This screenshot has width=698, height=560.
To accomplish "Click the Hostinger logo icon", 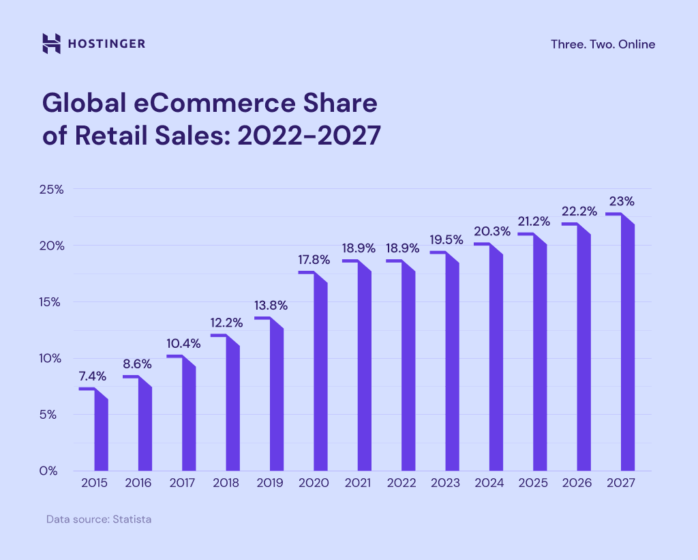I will (52, 44).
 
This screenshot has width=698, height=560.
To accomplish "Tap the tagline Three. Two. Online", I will (603, 44).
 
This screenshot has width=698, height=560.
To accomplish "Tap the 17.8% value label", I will (314, 260).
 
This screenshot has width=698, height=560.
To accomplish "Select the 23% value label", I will (622, 201).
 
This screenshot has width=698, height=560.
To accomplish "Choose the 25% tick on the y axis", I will (51, 189).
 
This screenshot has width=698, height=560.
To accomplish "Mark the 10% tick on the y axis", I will (51, 358).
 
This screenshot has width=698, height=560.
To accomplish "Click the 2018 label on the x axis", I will (226, 483).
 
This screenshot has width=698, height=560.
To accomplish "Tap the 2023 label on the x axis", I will (446, 483).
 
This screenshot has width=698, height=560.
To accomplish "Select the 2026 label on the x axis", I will (578, 483).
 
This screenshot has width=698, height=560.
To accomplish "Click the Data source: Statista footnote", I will (99, 519).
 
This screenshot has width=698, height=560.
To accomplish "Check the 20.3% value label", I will (489, 231).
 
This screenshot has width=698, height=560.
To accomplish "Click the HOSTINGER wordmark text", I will (106, 44).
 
